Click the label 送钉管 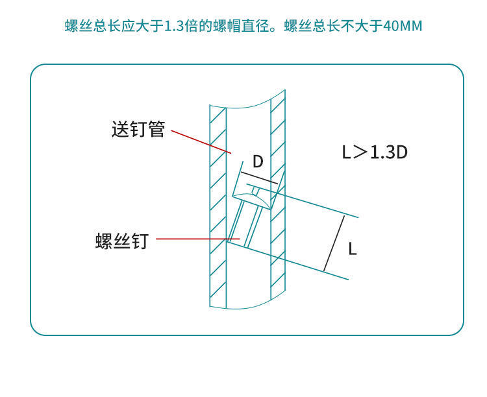pyautogui.click(x=138, y=130)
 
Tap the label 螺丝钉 pyautogui.click(x=122, y=241)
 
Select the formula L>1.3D pyautogui.click(x=375, y=152)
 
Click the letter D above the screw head pyautogui.click(x=258, y=162)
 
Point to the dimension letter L pyautogui.click(x=352, y=248)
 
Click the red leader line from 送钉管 pyautogui.click(x=200, y=142)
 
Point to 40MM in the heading pyautogui.click(x=403, y=27)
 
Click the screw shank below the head pyautogui.click(x=245, y=224)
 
